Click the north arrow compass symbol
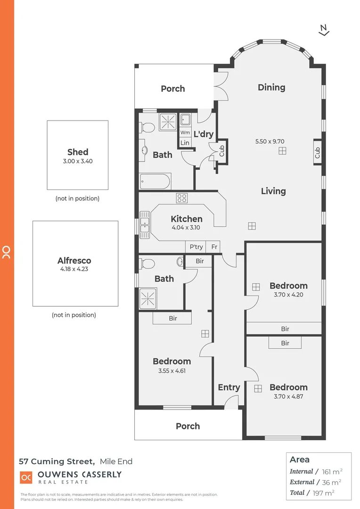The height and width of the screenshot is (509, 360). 324,30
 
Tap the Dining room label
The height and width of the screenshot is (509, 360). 271,87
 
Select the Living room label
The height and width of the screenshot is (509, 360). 273,191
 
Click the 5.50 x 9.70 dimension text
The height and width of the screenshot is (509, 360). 270,141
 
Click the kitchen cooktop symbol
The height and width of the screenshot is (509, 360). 182,198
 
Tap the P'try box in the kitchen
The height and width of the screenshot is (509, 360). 196,247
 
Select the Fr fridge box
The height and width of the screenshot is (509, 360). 214,247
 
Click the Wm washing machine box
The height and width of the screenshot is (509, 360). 185,133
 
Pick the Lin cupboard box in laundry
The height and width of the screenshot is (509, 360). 185,143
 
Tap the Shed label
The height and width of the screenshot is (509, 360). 78,152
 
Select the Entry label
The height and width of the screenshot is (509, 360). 229,387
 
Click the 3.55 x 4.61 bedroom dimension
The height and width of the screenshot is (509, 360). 172,370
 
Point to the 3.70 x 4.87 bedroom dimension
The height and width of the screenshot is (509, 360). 288,396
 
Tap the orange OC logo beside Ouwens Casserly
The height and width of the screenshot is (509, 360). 26,477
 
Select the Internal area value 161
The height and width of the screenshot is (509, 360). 326,471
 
